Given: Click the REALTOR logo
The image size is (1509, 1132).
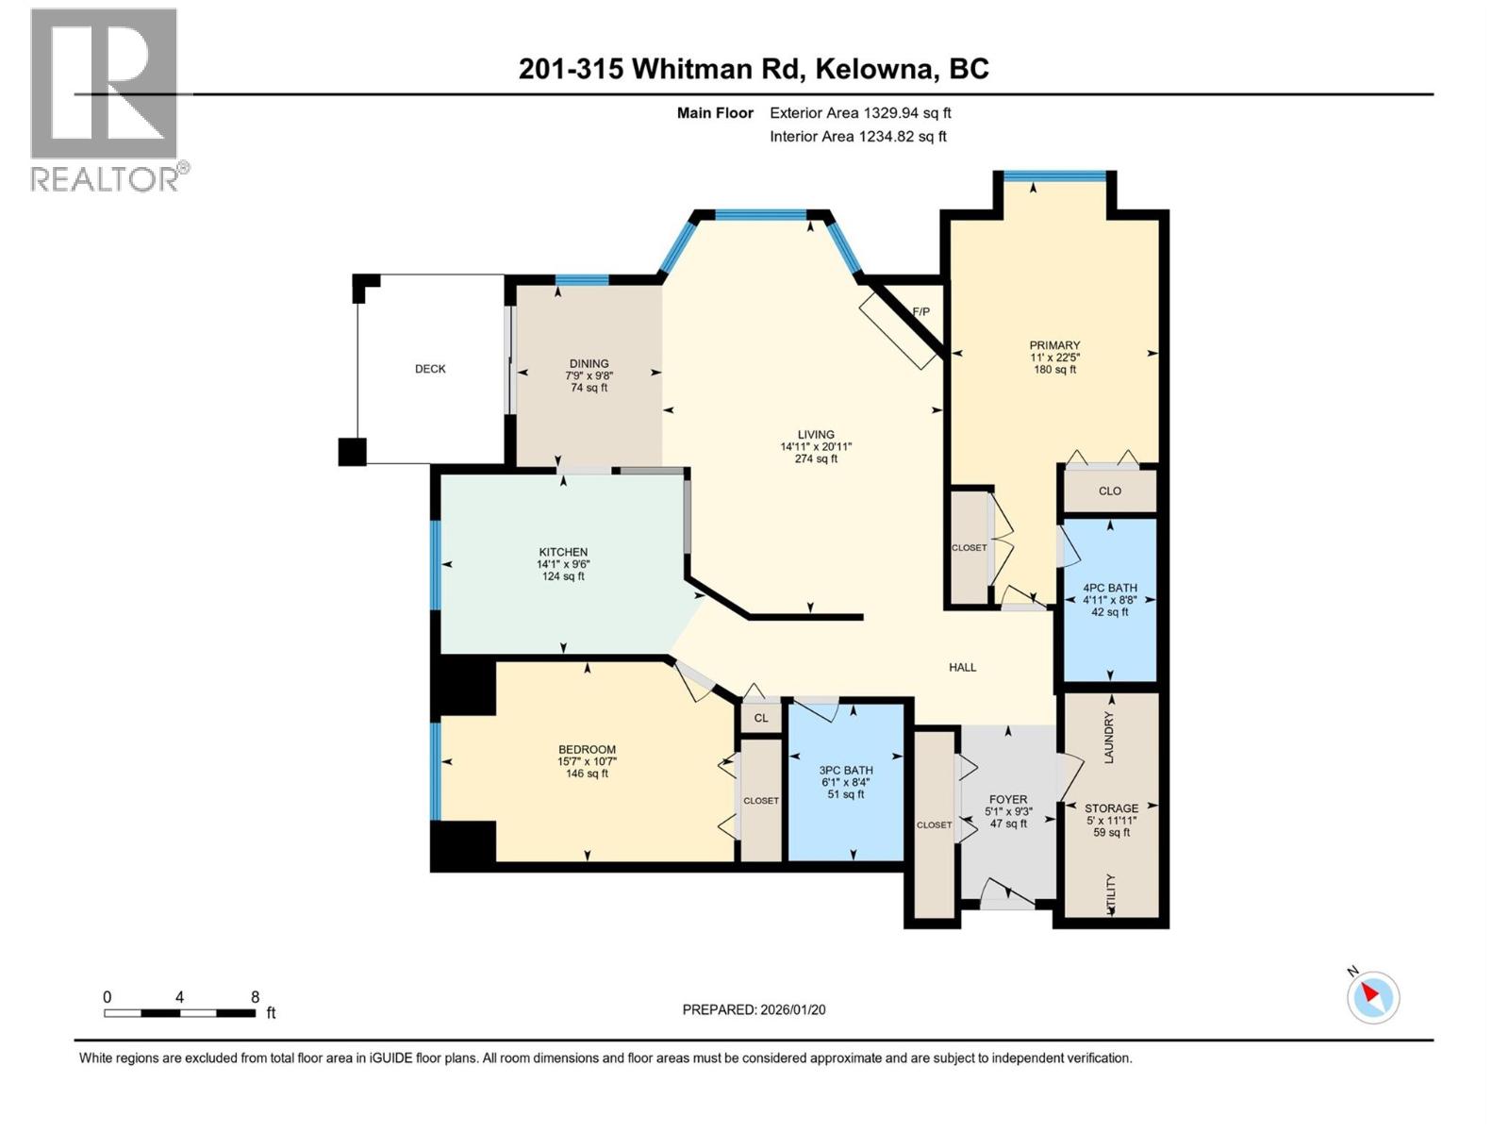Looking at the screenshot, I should click(x=105, y=99).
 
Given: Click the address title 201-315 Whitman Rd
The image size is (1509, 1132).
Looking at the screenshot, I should click(x=754, y=69).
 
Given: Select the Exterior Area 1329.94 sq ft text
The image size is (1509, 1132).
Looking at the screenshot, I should click(x=859, y=113).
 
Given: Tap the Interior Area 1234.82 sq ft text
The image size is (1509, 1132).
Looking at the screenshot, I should click(x=857, y=137).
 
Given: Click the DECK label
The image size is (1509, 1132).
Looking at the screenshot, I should click(x=430, y=369).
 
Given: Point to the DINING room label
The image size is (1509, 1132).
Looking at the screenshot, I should click(x=589, y=364).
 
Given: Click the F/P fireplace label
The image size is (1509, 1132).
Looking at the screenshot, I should click(x=920, y=312).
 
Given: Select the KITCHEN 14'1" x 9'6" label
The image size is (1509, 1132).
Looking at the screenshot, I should click(x=563, y=564).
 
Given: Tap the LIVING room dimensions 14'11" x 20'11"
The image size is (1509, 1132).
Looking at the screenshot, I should click(x=816, y=447).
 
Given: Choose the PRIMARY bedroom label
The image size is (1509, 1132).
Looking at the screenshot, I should click(x=1054, y=346).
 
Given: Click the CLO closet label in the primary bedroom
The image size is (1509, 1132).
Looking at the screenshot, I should click(x=1110, y=491).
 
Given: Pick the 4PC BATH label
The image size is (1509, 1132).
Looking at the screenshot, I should click(x=1110, y=588).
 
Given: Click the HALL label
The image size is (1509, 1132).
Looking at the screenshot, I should click(x=962, y=667).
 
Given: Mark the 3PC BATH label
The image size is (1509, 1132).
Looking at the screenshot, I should click(x=846, y=770).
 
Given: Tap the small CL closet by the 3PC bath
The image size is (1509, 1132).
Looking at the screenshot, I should click(x=761, y=718).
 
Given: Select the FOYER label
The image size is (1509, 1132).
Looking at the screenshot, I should click(x=1008, y=799).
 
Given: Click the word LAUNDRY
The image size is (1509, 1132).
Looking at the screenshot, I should click(x=1109, y=738).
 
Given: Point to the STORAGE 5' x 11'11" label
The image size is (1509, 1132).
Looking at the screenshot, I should click(x=1111, y=820).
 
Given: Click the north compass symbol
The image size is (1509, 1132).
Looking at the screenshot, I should click(x=1372, y=996).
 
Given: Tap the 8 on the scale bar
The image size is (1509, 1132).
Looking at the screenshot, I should click(x=255, y=997).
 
